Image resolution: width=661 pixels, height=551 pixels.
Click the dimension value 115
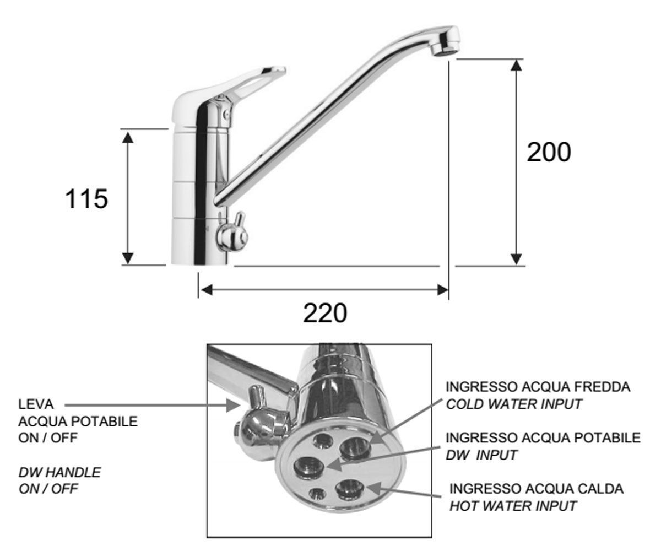pos(86,199)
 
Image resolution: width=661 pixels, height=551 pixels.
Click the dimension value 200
pos(549,152)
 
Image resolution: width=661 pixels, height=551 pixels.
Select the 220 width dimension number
pos(325,313)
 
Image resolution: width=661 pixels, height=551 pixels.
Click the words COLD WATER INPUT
pos(514,404)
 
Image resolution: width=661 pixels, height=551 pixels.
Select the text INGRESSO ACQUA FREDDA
pos(538,387)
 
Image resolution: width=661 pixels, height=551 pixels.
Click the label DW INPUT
pos(481,455)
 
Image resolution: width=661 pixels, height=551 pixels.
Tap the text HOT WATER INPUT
pos(513,506)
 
